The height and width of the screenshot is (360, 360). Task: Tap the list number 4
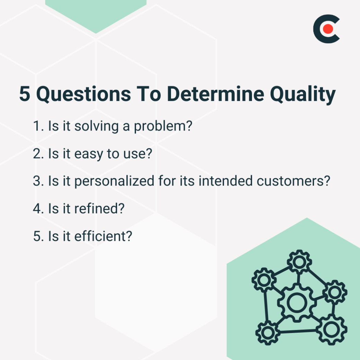37,209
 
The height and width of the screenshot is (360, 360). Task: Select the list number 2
37,154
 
